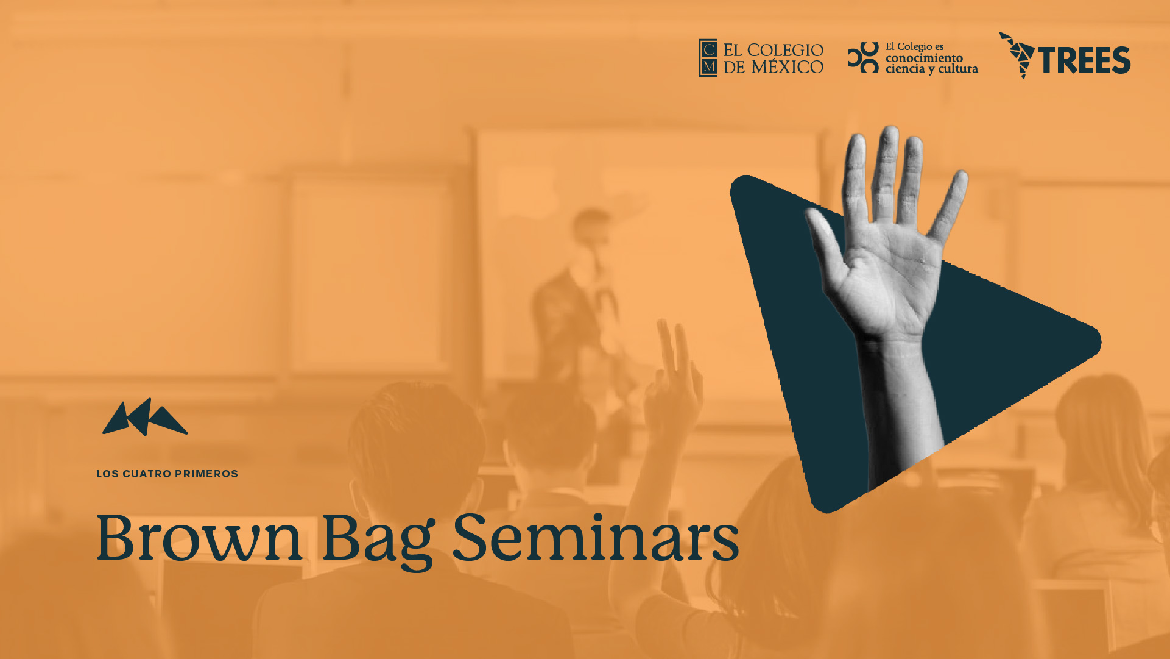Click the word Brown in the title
pyautogui.click(x=200, y=537)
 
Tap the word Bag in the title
pyautogui.click(x=378, y=541)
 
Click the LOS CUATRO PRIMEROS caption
pyautogui.click(x=167, y=474)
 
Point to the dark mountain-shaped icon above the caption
pyautogui.click(x=145, y=418)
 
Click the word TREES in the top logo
pyautogui.click(x=1084, y=60)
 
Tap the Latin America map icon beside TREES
pyautogui.click(x=1017, y=55)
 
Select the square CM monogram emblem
pyautogui.click(x=708, y=58)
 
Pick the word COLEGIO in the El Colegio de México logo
pyautogui.click(x=785, y=50)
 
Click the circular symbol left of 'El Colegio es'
pyautogui.click(x=863, y=57)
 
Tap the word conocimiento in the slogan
pyautogui.click(x=924, y=58)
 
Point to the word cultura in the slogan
pyautogui.click(x=958, y=69)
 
